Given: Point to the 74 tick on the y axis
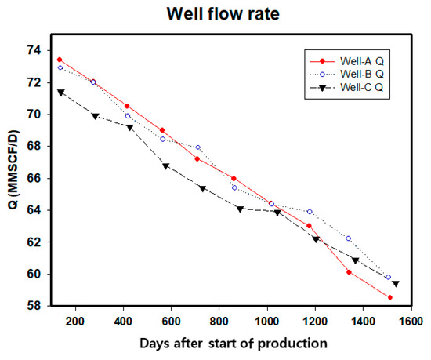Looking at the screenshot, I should [34, 50].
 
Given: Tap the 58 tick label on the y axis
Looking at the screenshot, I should [34, 306].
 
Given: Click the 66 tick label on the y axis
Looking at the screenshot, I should [34, 178].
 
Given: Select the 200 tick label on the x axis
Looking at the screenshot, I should [75, 322].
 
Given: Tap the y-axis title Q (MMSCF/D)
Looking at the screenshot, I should [11, 178].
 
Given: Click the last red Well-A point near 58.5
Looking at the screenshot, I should [389, 297].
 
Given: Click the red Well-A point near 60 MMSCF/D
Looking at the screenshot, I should [349, 272].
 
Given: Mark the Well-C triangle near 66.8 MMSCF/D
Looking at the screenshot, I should [165, 166].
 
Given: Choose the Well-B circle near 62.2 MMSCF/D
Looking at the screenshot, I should [348, 238].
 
